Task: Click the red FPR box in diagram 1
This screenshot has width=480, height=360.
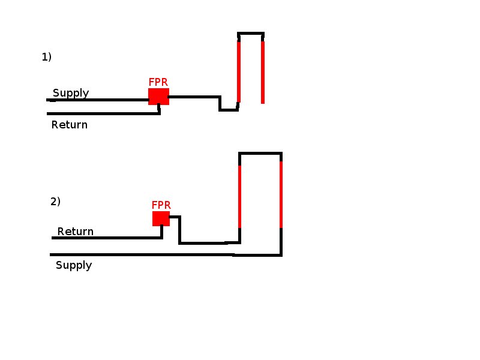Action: tap(158, 97)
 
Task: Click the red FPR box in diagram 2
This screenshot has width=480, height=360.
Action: tap(161, 218)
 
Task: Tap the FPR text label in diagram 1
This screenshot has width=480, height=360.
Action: tap(158, 82)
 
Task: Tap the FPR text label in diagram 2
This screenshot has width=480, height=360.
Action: tap(161, 205)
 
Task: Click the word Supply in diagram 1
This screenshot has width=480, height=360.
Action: tap(71, 93)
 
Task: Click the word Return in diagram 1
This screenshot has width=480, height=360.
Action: tap(70, 125)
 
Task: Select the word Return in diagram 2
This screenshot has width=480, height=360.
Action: tap(76, 232)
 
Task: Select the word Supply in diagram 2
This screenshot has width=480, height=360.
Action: tap(74, 265)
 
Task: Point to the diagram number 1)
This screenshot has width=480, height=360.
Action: tap(47, 57)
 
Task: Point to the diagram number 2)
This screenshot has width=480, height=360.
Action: tap(55, 202)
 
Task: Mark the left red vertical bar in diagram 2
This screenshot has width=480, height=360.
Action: tap(240, 197)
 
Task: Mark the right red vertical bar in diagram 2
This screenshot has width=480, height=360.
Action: tap(281, 195)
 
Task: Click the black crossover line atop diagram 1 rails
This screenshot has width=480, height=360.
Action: tap(251, 33)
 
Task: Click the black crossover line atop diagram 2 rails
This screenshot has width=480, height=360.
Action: tap(260, 154)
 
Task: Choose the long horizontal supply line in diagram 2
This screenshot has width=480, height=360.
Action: tap(144, 254)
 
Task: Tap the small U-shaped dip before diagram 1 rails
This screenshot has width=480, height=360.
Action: tap(228, 110)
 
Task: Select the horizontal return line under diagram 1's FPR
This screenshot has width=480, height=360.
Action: tap(102, 113)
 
